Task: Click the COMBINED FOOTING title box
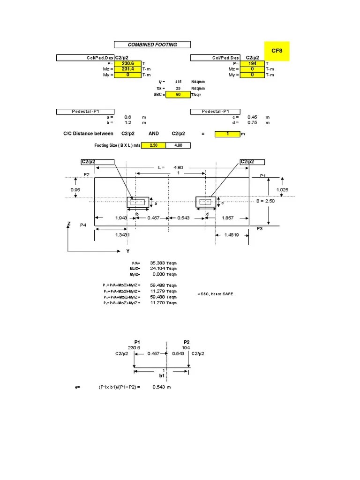pyautogui.click(x=152, y=45)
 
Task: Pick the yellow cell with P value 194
pyautogui.click(x=252, y=63)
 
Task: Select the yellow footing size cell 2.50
pyautogui.click(x=153, y=145)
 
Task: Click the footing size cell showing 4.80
pyautogui.click(x=178, y=145)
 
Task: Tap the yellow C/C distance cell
pyautogui.click(x=227, y=134)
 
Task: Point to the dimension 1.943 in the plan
pyautogui.click(x=121, y=218)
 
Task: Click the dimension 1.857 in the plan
pyautogui.click(x=228, y=218)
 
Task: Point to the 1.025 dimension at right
pyautogui.click(x=283, y=189)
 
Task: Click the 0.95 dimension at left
pyautogui.click(x=75, y=189)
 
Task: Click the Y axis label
pyautogui.click(x=127, y=252)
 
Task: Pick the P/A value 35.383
pyautogui.click(x=157, y=263)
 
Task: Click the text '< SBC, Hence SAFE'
pyautogui.click(x=215, y=294)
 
